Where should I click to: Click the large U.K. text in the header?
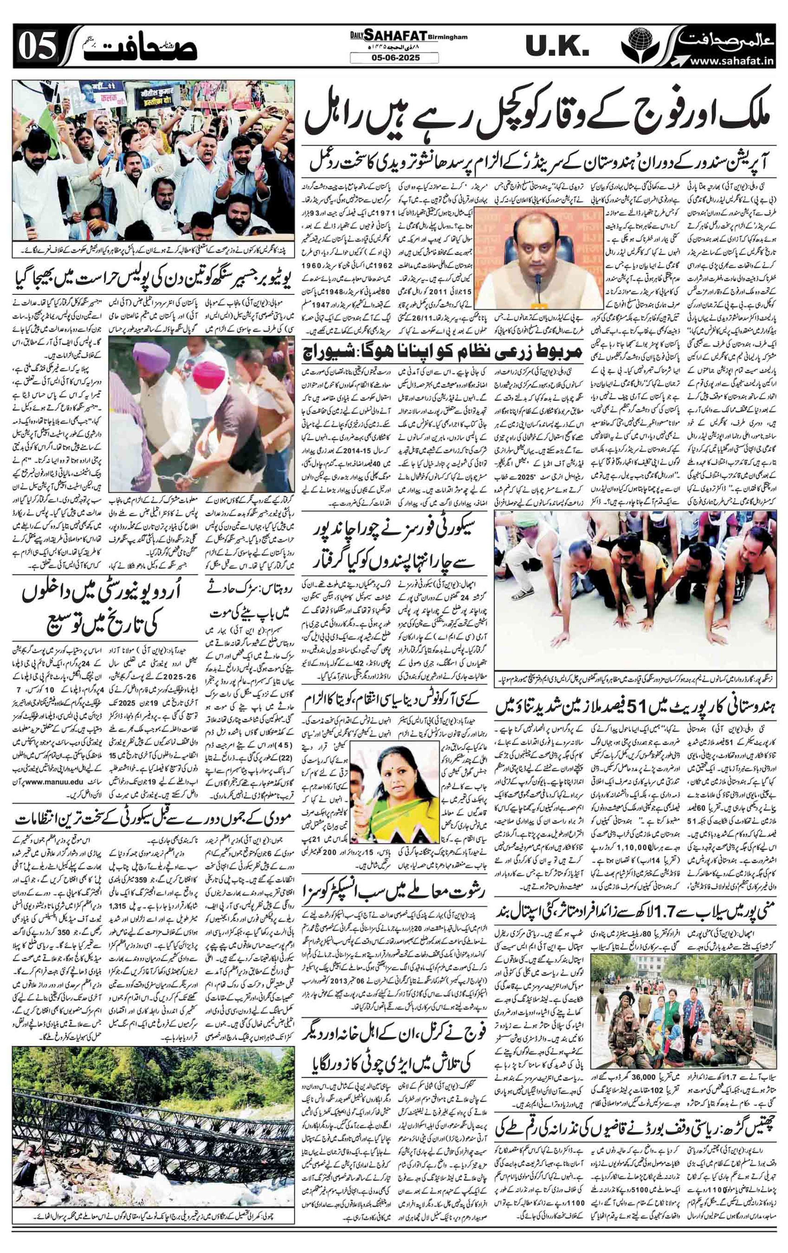click(557, 48)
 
